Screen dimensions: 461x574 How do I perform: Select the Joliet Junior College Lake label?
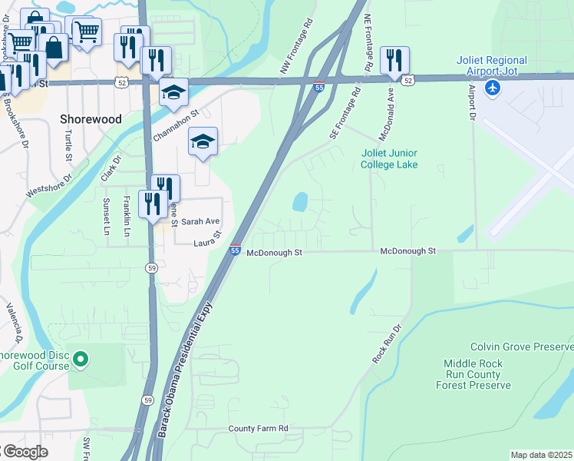coord(390,158)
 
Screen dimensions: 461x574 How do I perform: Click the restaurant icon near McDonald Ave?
coord(394,60)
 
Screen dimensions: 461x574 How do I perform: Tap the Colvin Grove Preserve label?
coord(521,347)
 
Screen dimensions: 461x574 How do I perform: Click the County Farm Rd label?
coord(258,428)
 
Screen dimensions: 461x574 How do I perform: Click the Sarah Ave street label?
coord(200,221)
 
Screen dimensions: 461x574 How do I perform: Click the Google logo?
coord(25,452)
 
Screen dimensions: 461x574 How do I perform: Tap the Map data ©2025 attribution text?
coord(541,455)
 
